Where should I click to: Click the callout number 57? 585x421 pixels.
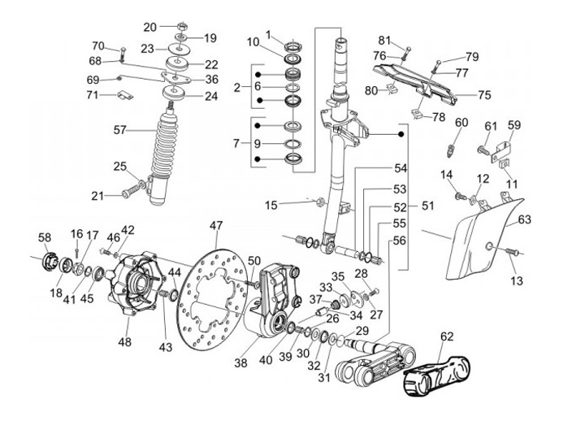pos(120,129)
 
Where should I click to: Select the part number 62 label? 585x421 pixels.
pos(448,336)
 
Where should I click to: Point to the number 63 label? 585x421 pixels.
pos(524,219)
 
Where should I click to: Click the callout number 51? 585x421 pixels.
pos(427,206)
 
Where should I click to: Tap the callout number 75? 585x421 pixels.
pos(484,95)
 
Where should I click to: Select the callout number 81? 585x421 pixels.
pos(383,40)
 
